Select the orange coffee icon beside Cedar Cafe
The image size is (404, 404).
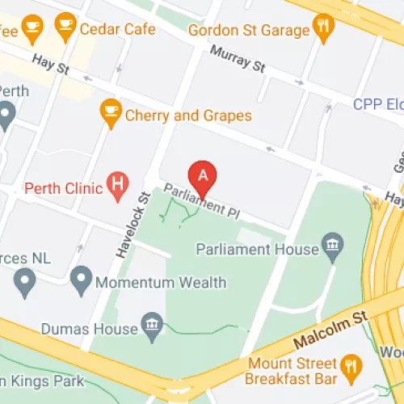(66, 28)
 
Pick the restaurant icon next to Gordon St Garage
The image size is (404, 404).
(324, 28)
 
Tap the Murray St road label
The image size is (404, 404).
(237, 60)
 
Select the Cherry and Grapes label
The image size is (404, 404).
(187, 116)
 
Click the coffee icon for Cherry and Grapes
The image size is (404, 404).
(110, 110)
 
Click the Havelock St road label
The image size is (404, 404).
(134, 224)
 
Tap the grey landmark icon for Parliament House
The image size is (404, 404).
(331, 243)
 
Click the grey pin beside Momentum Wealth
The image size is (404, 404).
(80, 280)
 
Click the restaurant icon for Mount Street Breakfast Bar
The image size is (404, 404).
(350, 368)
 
